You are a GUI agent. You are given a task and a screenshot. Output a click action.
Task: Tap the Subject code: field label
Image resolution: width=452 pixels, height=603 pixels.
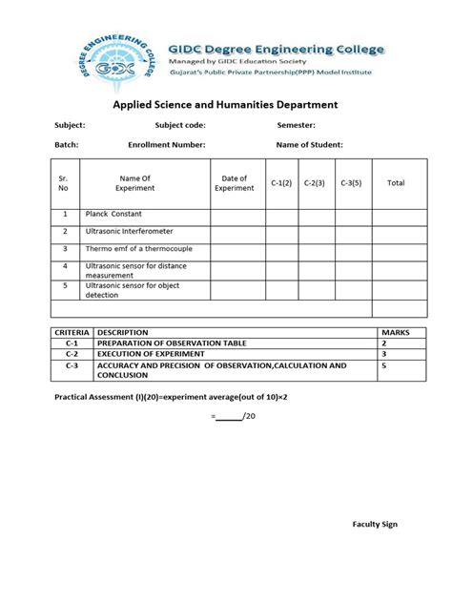180,125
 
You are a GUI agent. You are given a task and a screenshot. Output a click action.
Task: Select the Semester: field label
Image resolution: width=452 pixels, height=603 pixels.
297,125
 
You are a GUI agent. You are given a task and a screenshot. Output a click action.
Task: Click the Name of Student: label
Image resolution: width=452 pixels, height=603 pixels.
310,145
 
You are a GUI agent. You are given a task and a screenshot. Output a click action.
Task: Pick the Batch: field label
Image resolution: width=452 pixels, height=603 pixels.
67,145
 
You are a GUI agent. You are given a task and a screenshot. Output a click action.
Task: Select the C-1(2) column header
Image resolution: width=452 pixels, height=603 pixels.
281,183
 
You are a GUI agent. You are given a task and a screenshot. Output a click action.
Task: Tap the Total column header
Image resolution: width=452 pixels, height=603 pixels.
396,183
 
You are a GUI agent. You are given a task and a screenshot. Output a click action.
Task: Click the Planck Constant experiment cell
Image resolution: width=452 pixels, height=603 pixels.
113,214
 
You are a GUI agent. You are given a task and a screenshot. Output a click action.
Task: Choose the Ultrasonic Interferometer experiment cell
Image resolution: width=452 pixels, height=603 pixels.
130,231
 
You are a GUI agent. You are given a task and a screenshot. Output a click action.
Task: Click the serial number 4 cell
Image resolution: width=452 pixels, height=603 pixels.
65,266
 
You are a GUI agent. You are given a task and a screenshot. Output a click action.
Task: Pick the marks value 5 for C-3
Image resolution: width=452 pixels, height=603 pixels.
384,364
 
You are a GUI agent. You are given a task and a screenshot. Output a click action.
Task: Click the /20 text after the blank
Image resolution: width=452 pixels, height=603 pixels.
251,416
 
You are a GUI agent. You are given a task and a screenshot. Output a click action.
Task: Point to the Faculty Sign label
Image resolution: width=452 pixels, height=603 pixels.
375,524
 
